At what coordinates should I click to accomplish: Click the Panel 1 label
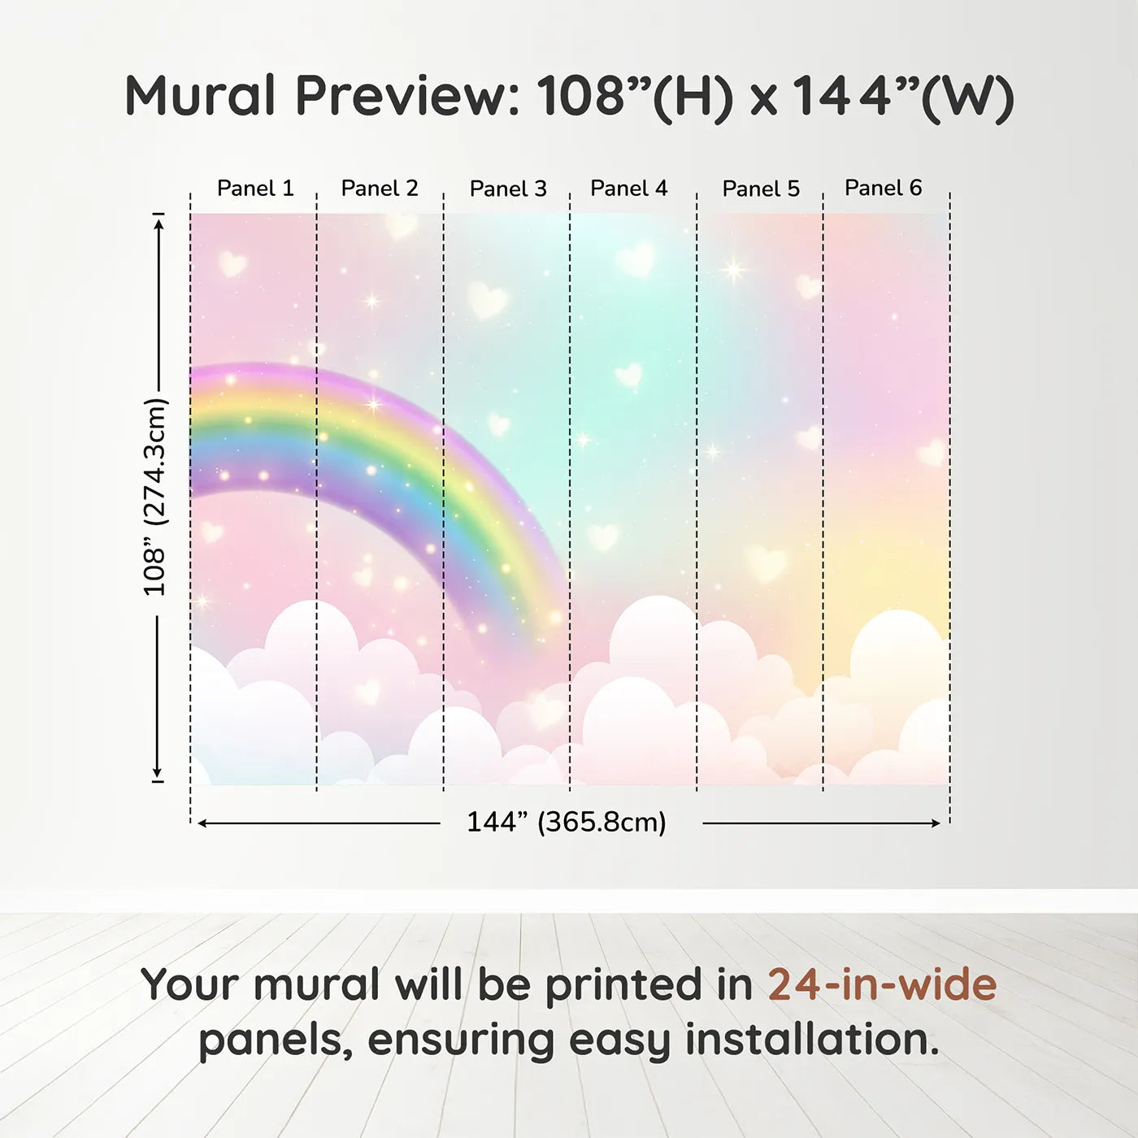(255, 189)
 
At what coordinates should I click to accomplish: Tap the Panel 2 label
(380, 189)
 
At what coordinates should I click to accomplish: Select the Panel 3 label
(508, 189)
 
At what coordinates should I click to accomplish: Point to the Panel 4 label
(629, 189)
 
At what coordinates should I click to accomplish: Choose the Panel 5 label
(761, 189)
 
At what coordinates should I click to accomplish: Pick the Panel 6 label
(883, 188)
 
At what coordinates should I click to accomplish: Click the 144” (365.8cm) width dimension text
(567, 822)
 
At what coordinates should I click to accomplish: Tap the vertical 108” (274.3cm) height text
(155, 497)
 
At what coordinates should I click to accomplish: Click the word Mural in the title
(200, 95)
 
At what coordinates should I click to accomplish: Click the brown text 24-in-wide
(882, 984)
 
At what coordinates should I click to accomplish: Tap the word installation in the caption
(812, 1040)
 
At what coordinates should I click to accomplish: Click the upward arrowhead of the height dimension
(159, 224)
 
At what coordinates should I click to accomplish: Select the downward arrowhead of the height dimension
(157, 772)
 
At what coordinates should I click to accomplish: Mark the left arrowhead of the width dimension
(202, 823)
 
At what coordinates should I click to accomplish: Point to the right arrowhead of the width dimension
(936, 823)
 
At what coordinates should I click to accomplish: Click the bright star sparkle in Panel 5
(733, 270)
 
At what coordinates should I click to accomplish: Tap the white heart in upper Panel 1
(232, 263)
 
